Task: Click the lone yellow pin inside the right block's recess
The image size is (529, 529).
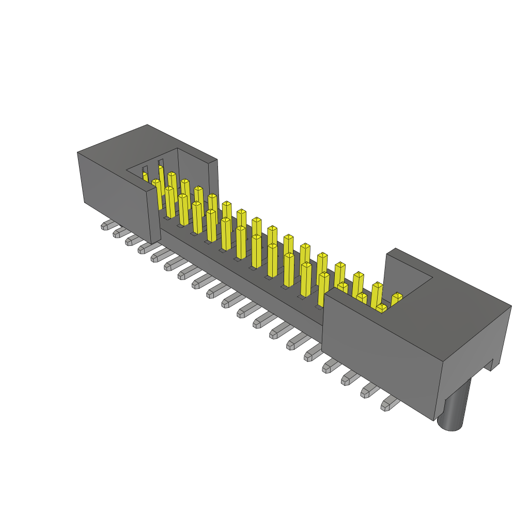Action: click(x=396, y=299)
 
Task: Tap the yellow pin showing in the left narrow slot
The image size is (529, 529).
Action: click(x=146, y=177)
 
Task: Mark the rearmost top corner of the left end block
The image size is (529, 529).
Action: click(x=148, y=125)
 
